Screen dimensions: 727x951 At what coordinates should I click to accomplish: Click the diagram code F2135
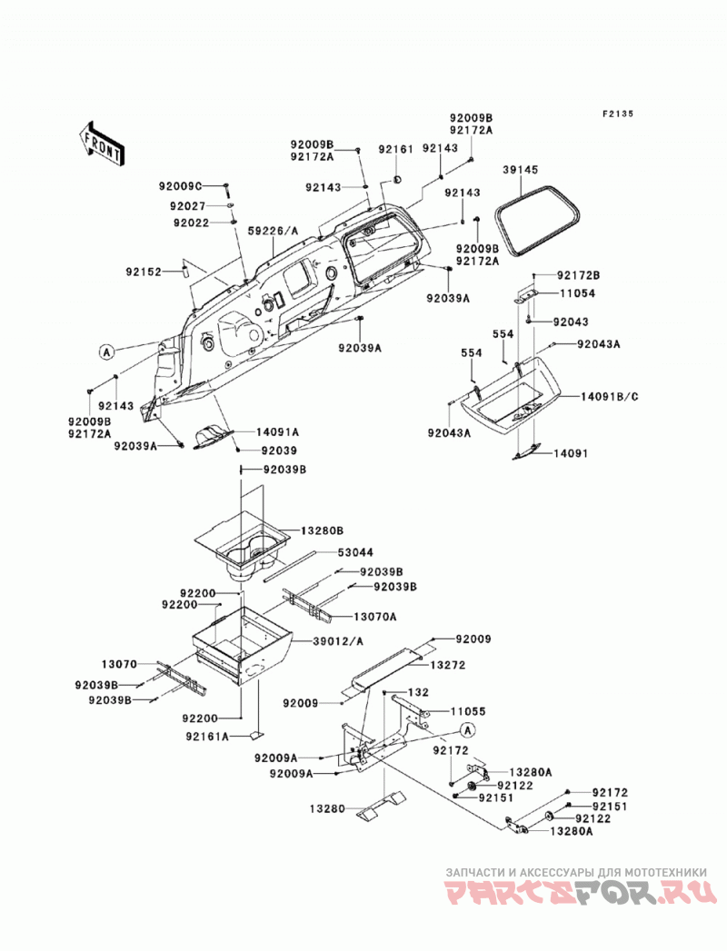[617, 114]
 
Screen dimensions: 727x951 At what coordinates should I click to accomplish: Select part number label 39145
[520, 171]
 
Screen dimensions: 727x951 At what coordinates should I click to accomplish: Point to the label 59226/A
[274, 231]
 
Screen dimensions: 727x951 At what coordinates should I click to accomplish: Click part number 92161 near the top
[395, 149]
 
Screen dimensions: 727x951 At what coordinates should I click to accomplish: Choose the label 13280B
[322, 530]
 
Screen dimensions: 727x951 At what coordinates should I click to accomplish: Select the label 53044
[355, 552]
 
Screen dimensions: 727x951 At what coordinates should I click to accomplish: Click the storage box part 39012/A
[242, 644]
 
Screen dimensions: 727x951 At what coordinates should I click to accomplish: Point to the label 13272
[448, 665]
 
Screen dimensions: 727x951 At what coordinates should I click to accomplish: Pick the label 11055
[468, 711]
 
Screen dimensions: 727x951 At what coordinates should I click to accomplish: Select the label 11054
[577, 293]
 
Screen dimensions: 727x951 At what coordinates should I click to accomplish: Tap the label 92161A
[207, 737]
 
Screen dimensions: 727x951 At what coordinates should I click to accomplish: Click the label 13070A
[375, 617]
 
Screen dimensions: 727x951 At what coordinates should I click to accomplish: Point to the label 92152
[144, 272]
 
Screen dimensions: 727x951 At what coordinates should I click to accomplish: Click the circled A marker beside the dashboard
[107, 352]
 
